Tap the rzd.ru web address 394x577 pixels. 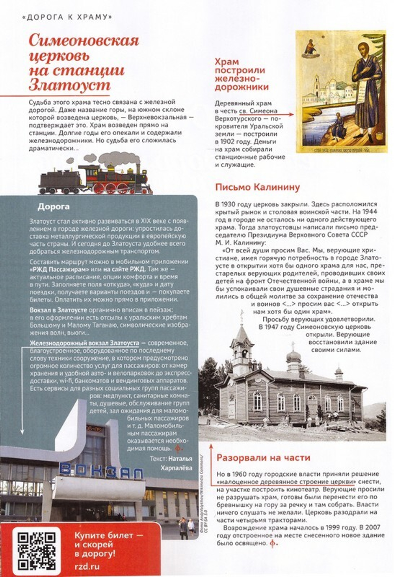(x=87, y=567)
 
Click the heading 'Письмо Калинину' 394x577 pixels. (x=257, y=187)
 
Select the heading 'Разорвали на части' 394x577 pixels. (x=263, y=458)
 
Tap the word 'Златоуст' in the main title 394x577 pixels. (x=70, y=85)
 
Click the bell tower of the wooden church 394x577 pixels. (x=241, y=347)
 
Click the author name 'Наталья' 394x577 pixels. (x=180, y=459)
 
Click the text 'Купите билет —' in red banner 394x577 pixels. (x=108, y=536)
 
